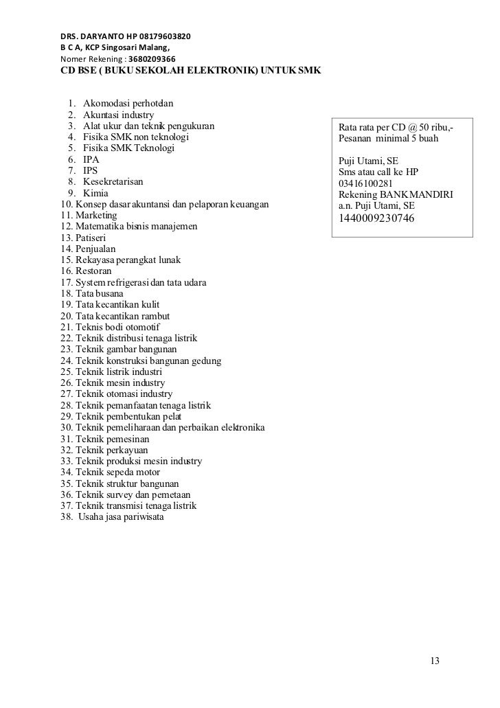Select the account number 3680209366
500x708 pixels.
point(147,59)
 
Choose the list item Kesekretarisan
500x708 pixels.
point(115,182)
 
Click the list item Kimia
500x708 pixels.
point(95,194)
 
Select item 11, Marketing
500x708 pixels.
point(89,215)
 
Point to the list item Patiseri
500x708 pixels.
point(85,238)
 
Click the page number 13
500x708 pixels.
point(434,661)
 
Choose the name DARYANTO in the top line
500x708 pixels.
point(105,35)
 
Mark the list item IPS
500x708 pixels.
point(90,171)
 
